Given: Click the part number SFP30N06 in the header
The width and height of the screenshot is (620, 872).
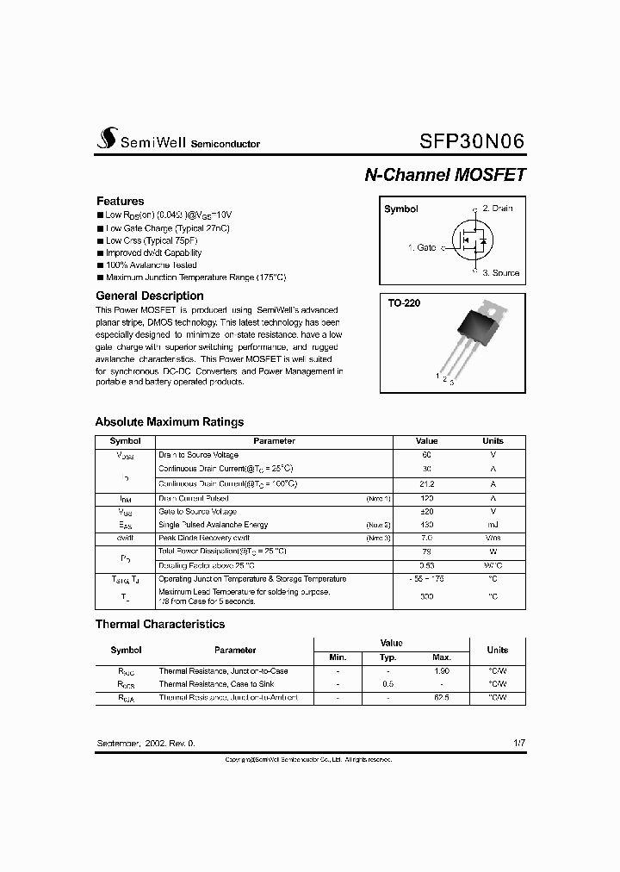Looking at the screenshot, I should coord(472,141).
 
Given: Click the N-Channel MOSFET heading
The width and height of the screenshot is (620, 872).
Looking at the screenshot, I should coord(444,174).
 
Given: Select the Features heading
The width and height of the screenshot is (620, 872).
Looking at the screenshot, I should coord(121,201).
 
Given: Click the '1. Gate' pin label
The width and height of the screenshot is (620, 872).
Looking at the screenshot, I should coord(421,247).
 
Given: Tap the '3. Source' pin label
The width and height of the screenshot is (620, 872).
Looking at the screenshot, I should coord(500,273).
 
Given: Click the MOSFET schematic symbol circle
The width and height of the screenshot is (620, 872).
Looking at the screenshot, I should coord(470,240).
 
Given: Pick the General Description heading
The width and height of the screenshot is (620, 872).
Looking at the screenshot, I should coord(150,296).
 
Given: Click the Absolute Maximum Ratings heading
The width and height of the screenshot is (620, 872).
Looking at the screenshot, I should coord(169,422).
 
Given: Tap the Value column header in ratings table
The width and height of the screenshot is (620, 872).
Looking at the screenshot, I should coord(426,440).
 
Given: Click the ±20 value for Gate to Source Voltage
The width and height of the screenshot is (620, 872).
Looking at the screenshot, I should coord(426,511).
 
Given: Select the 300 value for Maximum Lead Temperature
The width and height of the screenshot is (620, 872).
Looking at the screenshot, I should coord(426,596).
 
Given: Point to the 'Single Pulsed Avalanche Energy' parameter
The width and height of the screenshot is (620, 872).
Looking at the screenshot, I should coord(213,525).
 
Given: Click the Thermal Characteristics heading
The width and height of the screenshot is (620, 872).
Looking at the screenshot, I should coord(159,624).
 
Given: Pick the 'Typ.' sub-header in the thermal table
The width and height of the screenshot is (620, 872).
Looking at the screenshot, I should coord(387,657).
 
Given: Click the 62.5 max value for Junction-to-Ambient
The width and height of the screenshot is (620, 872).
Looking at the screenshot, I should coord(441,698).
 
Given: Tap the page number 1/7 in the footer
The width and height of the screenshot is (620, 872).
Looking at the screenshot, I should coord(518,742).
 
